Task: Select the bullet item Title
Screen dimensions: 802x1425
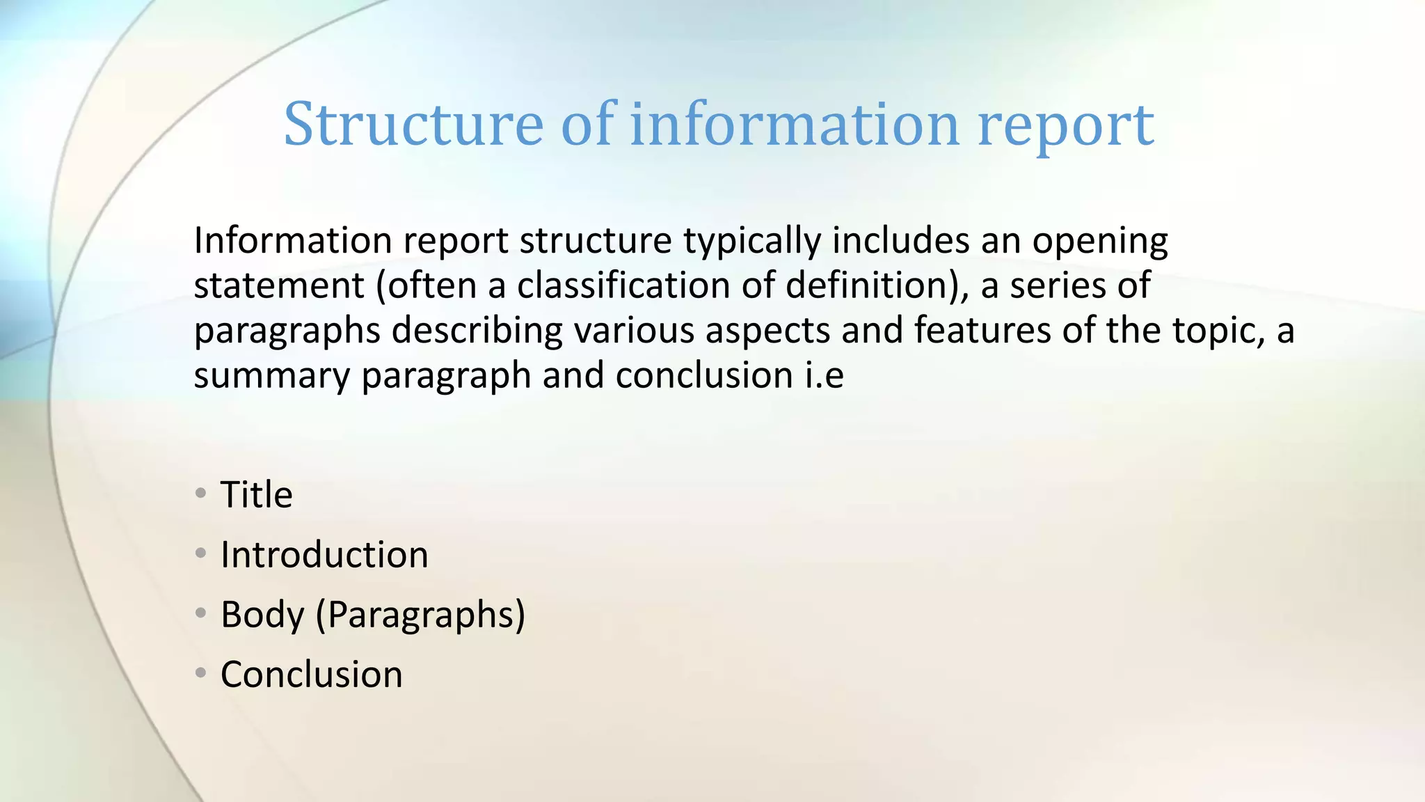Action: coord(256,495)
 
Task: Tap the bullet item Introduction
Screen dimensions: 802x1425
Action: coord(324,555)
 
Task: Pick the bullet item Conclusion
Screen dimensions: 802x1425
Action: coord(311,675)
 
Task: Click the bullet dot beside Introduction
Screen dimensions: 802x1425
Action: coord(201,553)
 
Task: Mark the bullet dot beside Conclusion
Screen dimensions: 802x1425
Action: coord(201,673)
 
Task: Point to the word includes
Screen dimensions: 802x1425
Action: coord(900,241)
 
